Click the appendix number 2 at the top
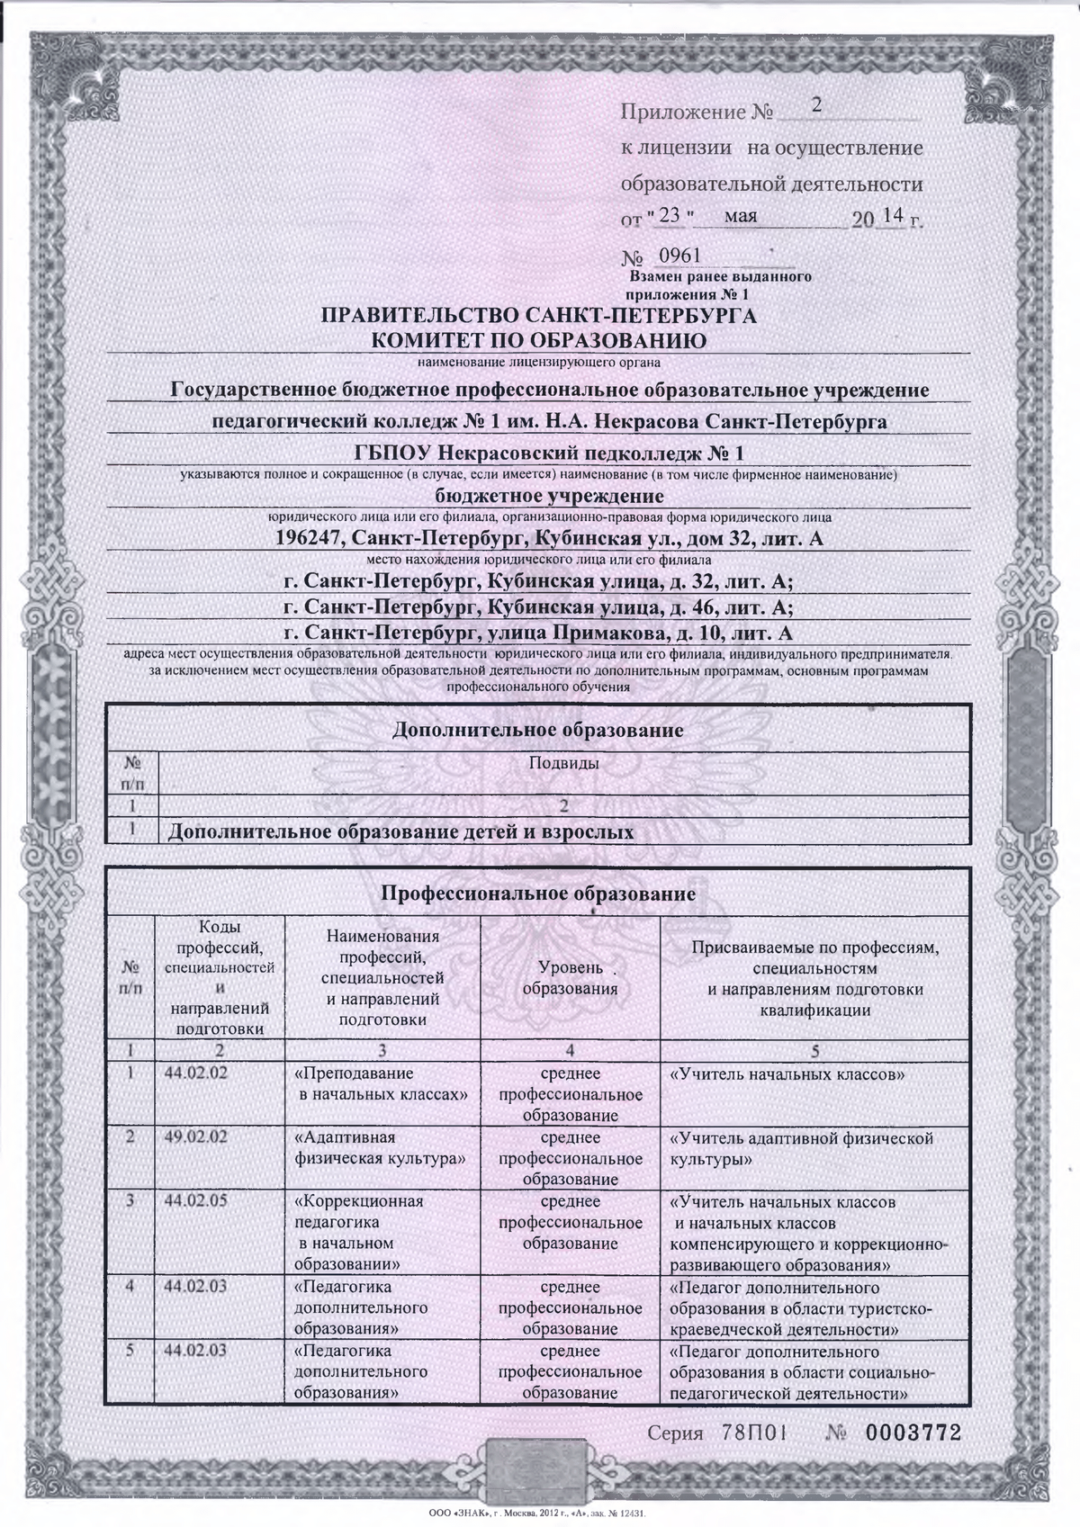[x=817, y=105]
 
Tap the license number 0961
[x=680, y=256]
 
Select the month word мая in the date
[x=739, y=216]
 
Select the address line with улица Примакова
[x=537, y=633]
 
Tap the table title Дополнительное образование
[x=538, y=730]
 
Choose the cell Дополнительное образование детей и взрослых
[x=401, y=831]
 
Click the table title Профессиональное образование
[x=538, y=894]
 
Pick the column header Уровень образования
[x=570, y=978]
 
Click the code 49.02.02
[x=196, y=1137]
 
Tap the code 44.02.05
[x=196, y=1202]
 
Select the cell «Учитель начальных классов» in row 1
[x=787, y=1074]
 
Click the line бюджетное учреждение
[x=549, y=496]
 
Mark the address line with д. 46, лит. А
[x=537, y=606]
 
